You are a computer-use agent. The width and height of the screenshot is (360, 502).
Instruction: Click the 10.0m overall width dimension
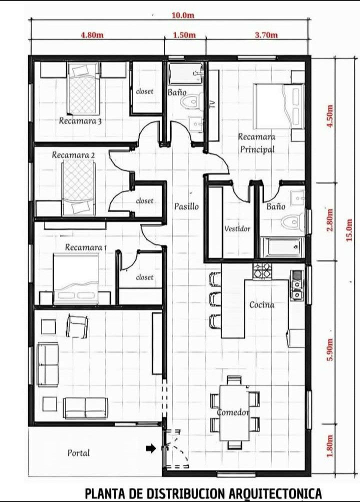[182, 15]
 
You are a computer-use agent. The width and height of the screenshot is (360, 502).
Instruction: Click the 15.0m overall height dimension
[349, 231]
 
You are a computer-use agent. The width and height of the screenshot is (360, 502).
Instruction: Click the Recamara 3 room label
[80, 120]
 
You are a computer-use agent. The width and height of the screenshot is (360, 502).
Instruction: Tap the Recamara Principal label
[256, 142]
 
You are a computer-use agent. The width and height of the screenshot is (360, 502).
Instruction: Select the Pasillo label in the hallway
[186, 206]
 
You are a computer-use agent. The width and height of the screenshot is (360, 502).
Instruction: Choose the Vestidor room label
[237, 229]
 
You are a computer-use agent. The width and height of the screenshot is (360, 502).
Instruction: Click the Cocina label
[262, 304]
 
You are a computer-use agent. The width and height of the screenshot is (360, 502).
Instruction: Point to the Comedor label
[233, 412]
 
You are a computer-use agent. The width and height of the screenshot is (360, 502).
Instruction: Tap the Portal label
[79, 453]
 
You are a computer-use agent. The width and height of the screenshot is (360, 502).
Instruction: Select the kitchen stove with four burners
[262, 271]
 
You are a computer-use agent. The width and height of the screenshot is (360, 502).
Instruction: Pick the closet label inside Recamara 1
[144, 277]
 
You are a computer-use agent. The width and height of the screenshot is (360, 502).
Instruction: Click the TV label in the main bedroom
[212, 103]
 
